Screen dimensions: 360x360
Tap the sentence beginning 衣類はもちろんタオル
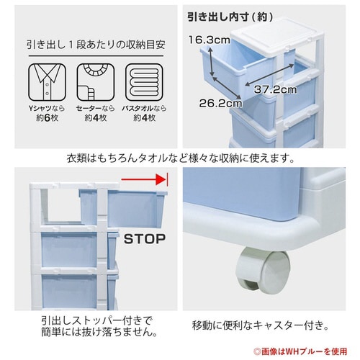point(180,158)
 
